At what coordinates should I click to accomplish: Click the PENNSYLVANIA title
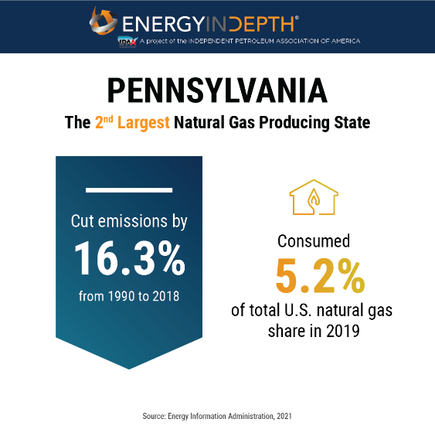point(217,90)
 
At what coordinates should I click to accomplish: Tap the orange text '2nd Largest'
point(132,123)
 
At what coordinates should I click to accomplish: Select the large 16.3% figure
point(130,258)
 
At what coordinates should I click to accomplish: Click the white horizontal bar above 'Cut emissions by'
point(129,189)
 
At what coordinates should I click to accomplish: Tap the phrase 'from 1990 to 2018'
point(129,295)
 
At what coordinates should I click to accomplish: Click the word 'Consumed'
point(314,240)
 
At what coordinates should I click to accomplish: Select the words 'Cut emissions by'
point(129,221)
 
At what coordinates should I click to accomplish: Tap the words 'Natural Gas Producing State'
point(272,123)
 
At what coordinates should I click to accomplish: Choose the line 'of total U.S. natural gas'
point(314,311)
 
